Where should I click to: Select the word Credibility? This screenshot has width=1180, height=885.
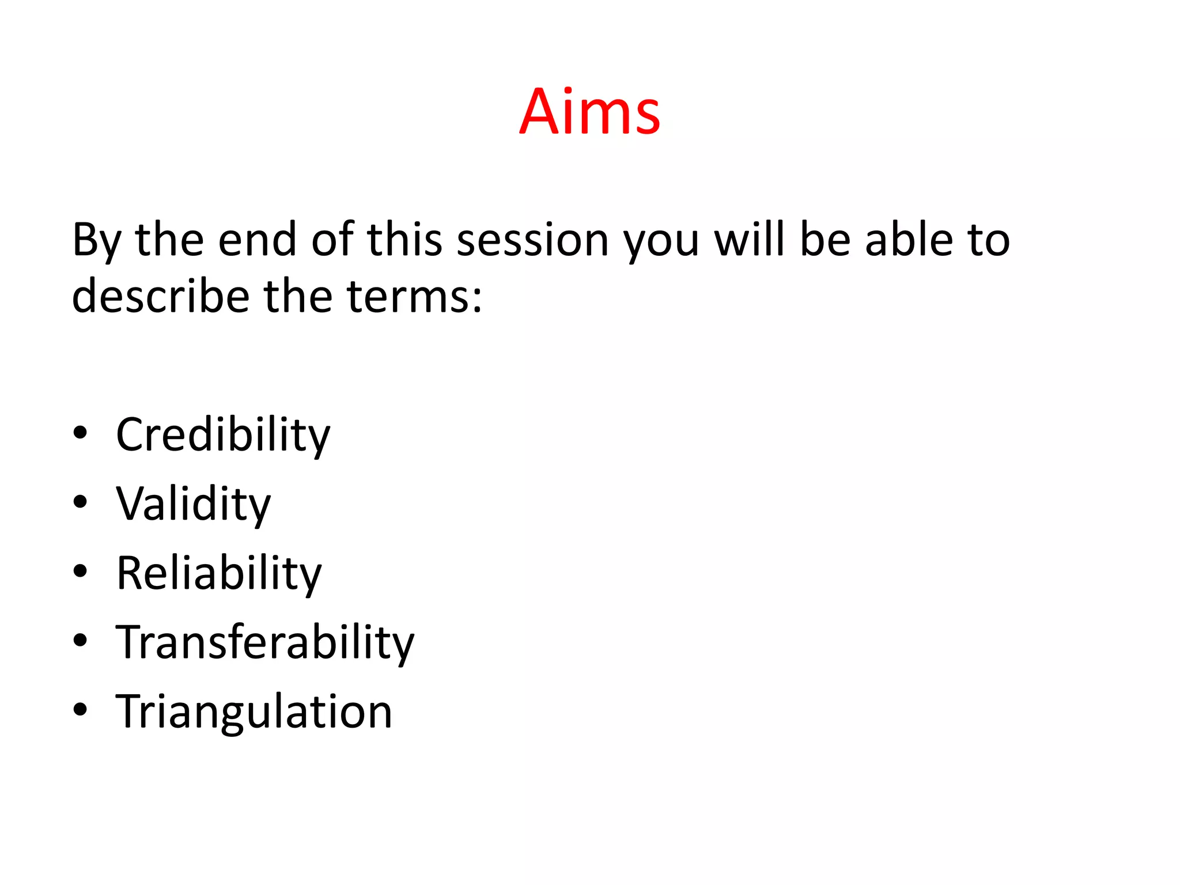coord(223,435)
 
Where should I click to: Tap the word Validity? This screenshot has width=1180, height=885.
coord(193,504)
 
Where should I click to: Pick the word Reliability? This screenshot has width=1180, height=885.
coord(219,573)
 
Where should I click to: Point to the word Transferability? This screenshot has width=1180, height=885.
coord(265,642)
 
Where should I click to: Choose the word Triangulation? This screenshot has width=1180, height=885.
coord(254,712)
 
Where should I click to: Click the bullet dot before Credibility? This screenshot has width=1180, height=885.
coord(81,433)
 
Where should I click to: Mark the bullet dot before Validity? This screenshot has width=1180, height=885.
coord(81,502)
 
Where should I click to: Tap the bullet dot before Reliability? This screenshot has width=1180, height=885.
coord(81,572)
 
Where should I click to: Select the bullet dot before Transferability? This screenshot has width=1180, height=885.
coord(81,640)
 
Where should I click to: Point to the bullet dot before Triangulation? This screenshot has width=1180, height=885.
coord(81,710)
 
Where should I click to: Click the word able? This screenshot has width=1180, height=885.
coord(909,240)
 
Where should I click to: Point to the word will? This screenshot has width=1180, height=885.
coord(750,240)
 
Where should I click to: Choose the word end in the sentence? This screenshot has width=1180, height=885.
coord(257,240)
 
